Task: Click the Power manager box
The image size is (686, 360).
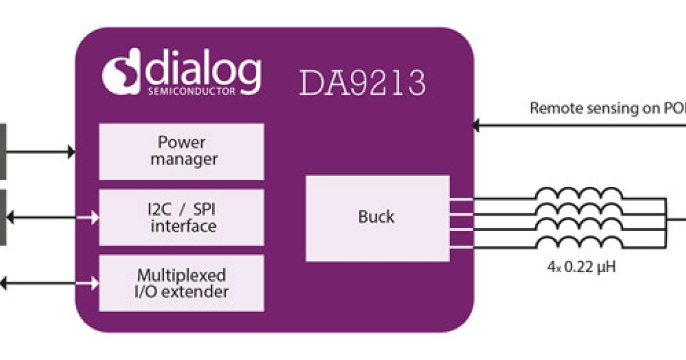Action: (x=181, y=151)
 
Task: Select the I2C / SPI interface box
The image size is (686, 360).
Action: (x=181, y=217)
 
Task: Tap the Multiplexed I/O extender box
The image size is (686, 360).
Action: (x=181, y=283)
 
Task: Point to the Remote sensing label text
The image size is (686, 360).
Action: (x=606, y=109)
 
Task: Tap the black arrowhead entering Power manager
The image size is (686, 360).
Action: (x=71, y=151)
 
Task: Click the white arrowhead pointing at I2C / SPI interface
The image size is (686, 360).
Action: (x=94, y=217)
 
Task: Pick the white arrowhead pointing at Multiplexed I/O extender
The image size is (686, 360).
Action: (x=94, y=283)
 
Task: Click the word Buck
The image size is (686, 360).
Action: (x=376, y=217)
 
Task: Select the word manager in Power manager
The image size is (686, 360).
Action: (x=184, y=159)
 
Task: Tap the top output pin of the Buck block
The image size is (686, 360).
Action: (x=461, y=199)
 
